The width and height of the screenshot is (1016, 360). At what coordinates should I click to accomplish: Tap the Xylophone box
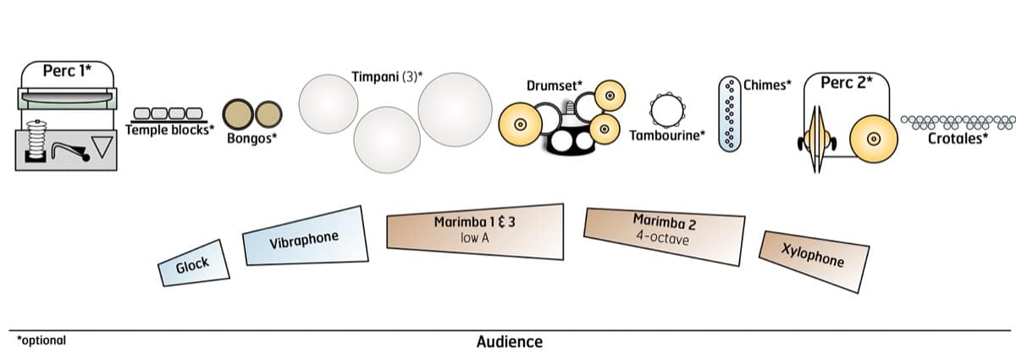click(x=814, y=255)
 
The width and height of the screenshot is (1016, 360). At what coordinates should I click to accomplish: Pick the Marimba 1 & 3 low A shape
click(x=474, y=230)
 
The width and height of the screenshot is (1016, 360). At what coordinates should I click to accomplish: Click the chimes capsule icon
click(x=729, y=114)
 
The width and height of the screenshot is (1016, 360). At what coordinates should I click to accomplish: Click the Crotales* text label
click(x=958, y=139)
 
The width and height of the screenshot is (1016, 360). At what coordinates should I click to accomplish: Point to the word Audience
click(x=509, y=342)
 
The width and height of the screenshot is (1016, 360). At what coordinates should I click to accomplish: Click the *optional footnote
click(x=41, y=341)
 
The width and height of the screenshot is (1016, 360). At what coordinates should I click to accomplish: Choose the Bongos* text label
click(x=251, y=139)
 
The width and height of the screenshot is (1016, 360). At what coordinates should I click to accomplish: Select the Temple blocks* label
click(x=169, y=130)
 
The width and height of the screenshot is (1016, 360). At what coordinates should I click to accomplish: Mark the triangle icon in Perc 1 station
click(x=102, y=148)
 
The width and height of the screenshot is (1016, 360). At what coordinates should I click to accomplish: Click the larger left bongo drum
click(x=238, y=114)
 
